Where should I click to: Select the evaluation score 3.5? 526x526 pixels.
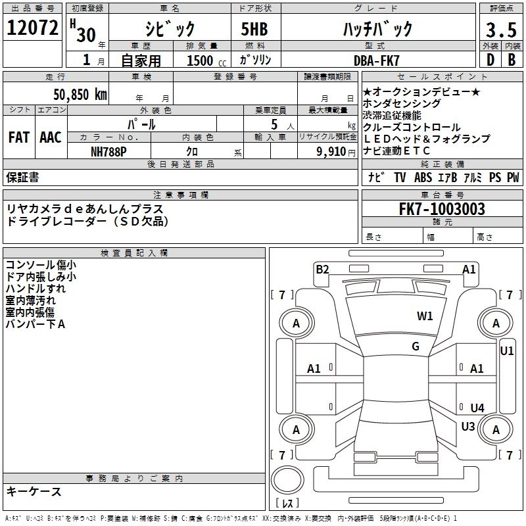click(x=500, y=30)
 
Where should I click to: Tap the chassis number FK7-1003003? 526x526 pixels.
click(x=442, y=209)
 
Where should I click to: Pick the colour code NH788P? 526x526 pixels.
click(x=108, y=151)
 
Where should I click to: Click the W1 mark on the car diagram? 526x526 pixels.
click(x=425, y=316)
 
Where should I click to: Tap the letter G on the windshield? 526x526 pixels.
click(x=416, y=347)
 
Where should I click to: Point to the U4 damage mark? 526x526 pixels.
click(x=477, y=408)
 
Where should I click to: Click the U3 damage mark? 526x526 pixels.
click(x=468, y=426)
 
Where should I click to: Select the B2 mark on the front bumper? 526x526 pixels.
click(x=322, y=268)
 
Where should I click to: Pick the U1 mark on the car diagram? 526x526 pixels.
click(x=507, y=351)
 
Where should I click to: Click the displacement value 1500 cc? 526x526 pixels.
click(x=204, y=60)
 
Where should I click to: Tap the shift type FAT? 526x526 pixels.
click(x=18, y=137)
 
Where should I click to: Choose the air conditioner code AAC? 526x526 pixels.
click(x=51, y=137)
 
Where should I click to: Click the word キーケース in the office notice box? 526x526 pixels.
click(x=34, y=492)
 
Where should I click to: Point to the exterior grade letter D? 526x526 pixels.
click(x=490, y=60)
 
